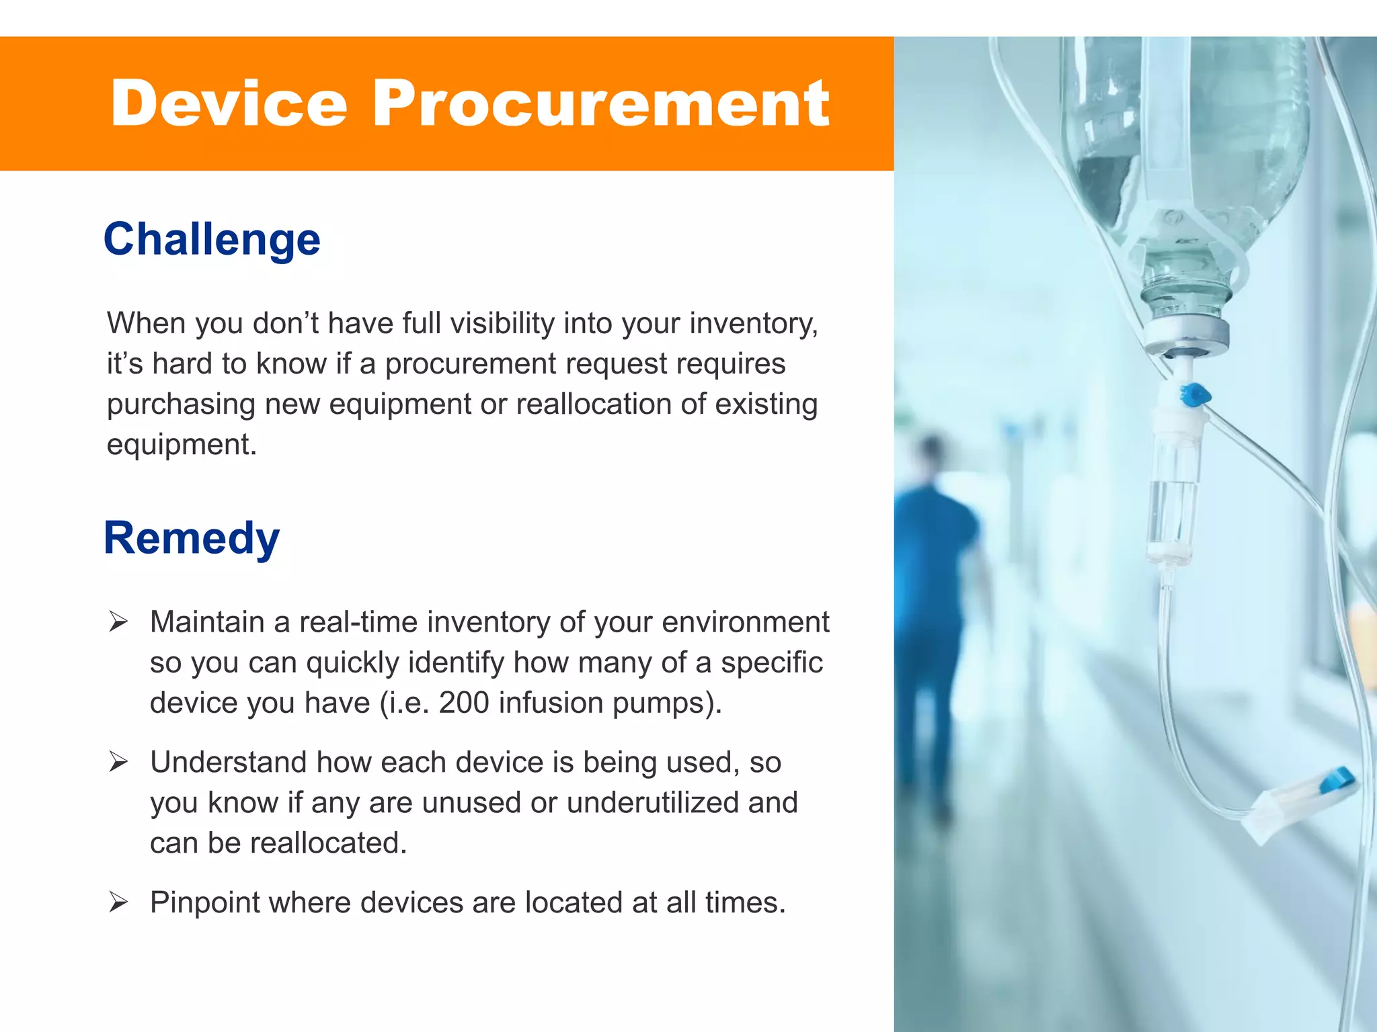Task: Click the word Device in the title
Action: click(229, 103)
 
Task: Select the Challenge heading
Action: click(212, 240)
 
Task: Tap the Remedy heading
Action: click(192, 538)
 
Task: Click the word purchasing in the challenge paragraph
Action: click(181, 404)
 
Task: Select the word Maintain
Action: click(207, 622)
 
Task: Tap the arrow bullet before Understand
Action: click(118, 763)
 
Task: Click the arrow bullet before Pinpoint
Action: click(118, 902)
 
